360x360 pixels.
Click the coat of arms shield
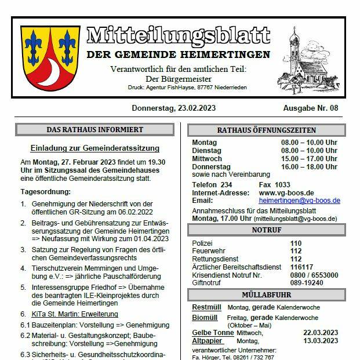point(50,60)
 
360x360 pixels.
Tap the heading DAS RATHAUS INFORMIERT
point(94,129)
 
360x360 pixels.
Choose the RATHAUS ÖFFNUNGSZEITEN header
point(267,130)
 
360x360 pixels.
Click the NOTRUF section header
point(267,230)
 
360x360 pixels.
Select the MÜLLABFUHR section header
point(267,294)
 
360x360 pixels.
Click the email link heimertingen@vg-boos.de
point(299,201)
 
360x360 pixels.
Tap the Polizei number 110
point(296,243)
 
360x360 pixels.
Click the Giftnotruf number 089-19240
point(307,283)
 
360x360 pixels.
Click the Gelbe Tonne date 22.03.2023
point(320,333)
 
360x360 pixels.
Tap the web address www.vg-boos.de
point(286,192)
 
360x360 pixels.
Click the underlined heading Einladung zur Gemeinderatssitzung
point(95,148)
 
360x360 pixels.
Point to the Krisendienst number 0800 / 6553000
point(314,275)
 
